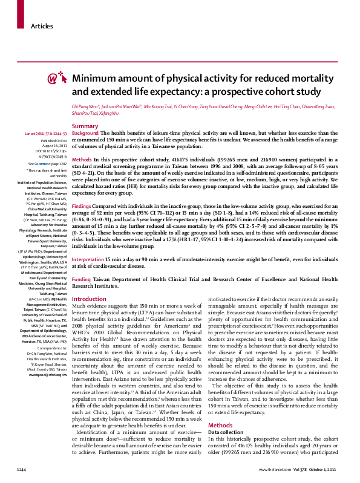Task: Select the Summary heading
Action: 85,126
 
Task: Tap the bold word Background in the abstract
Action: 85,132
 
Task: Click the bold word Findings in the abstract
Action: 84,206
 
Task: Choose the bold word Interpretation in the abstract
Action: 90,259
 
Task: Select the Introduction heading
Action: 89,299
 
